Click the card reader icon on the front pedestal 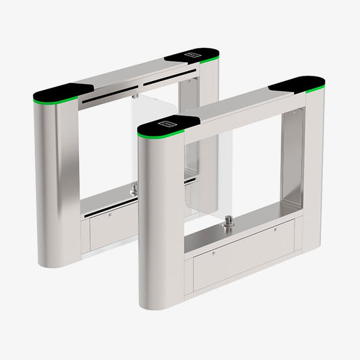tap(167, 124)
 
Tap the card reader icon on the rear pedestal tap(193, 54)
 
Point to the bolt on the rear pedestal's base tap(134, 188)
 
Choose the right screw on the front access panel tap(275, 229)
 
